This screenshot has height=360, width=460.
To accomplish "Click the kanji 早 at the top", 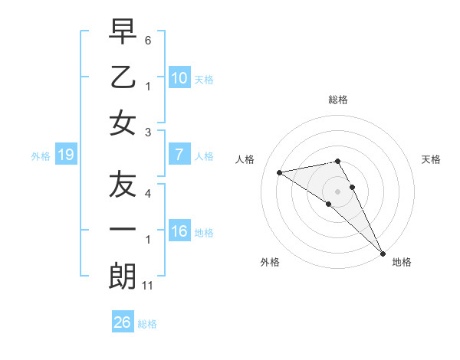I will coord(123,32).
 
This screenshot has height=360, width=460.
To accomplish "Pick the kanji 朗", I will coord(123,276).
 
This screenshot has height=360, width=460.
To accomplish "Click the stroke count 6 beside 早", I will coord(148,39).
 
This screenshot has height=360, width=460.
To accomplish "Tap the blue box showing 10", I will coord(179,78).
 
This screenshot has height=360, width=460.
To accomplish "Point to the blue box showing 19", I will coord(66,155).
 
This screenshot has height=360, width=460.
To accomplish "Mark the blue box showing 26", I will coord(122,322).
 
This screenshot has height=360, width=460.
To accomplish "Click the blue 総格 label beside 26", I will coord(147,324).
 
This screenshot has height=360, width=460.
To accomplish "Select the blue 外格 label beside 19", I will coord(41,156).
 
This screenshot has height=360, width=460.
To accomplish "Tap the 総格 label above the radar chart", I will coord(337,100).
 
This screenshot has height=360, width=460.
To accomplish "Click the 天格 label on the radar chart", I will coord(431,159).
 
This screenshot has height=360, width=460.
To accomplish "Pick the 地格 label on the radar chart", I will coord(402,262).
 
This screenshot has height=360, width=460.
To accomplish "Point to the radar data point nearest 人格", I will coord(280,172).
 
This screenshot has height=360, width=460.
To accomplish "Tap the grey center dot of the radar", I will coord(337,191).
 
